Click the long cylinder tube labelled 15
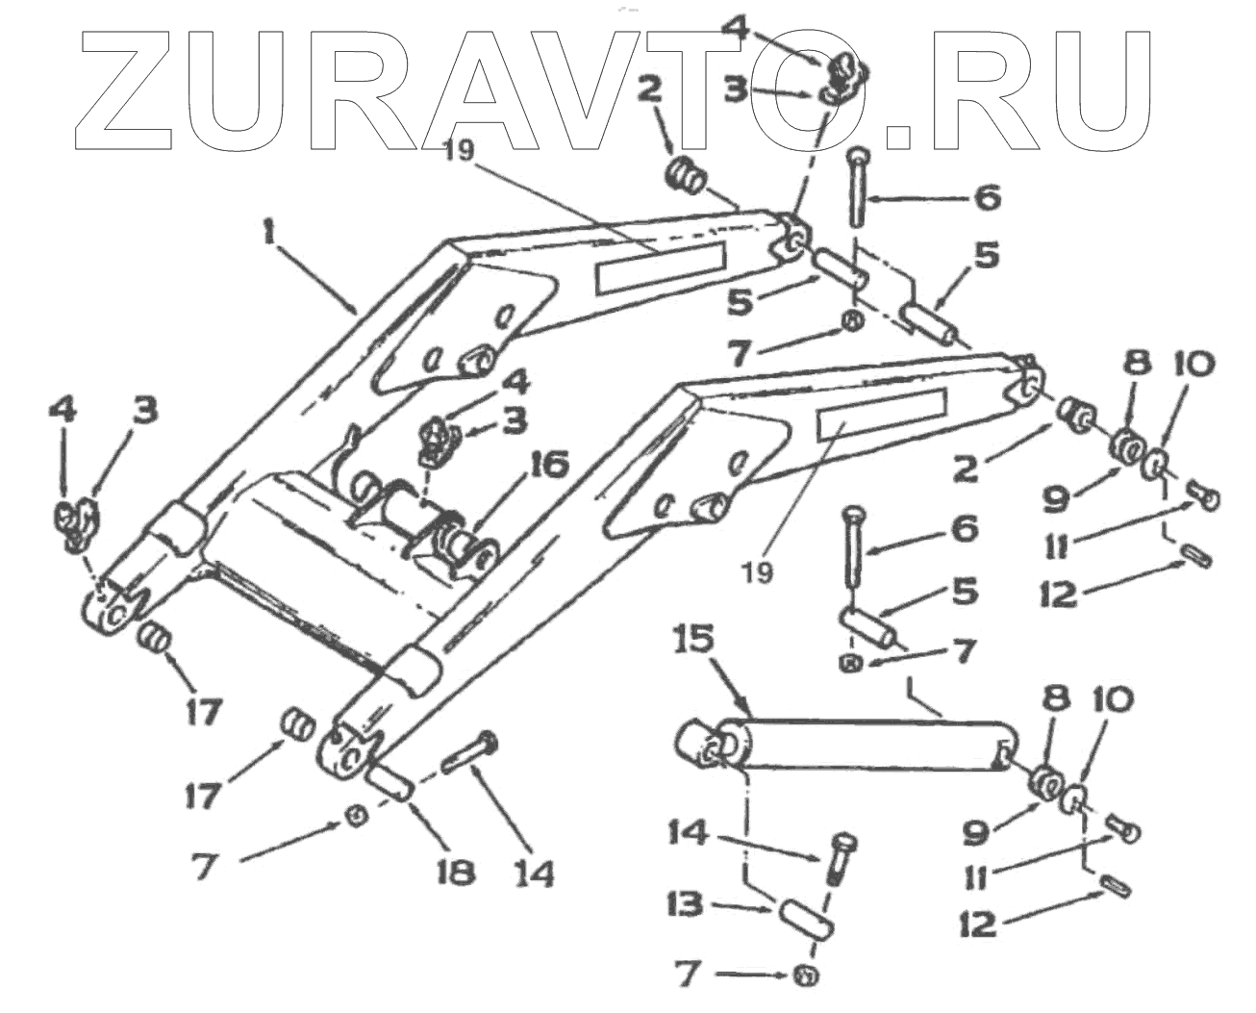tap(866, 746)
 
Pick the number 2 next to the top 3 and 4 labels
tap(649, 91)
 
